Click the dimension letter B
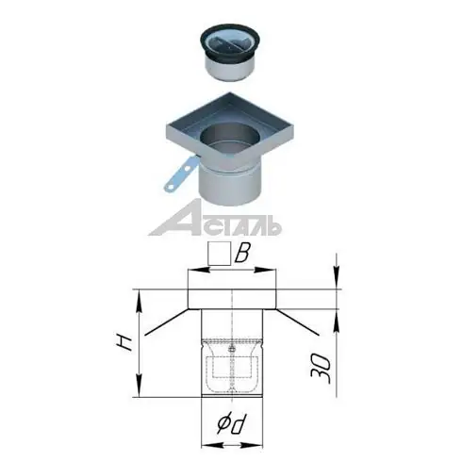(x=242, y=253)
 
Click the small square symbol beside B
(x=220, y=253)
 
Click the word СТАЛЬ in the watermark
(x=240, y=226)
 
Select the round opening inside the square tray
(x=230, y=140)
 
